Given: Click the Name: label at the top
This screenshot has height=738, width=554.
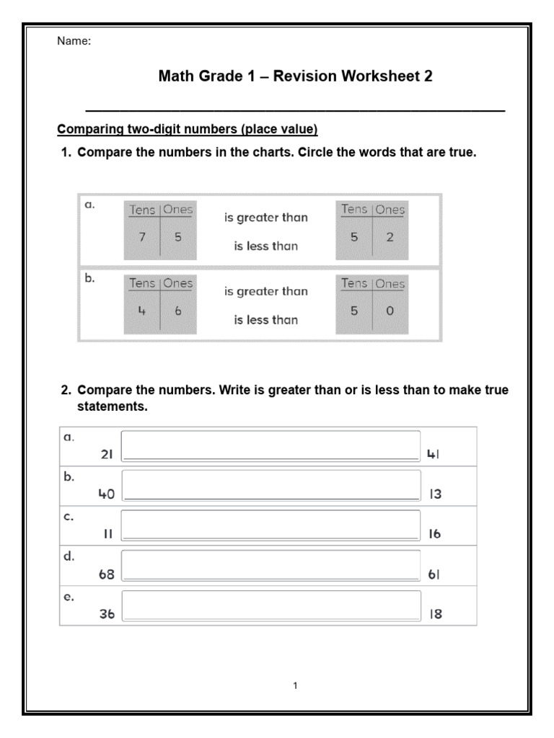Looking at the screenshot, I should point(74,41).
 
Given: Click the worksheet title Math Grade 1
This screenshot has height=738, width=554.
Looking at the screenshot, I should point(295,76).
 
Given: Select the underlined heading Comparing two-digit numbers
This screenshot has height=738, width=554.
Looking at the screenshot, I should point(187,130).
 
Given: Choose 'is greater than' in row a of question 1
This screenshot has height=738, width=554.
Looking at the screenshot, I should point(265,218).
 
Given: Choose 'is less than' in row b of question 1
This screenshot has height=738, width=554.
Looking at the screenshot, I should point(265,320).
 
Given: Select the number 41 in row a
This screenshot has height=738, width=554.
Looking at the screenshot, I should point(434,455).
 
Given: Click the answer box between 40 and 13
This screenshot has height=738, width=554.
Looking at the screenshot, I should point(271,485).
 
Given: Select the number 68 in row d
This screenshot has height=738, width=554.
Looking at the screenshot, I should point(107,575).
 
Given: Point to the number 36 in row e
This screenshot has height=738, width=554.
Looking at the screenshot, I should point(107,615).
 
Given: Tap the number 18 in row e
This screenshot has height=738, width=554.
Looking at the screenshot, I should point(435,615).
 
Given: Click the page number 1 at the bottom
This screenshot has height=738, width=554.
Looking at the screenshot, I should point(295,685).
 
